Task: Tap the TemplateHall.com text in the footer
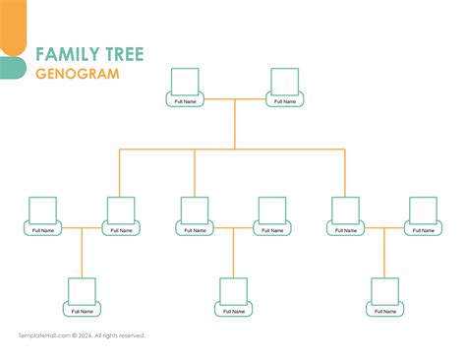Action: pyautogui.click(x=41, y=335)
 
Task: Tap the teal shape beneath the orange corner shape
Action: pyautogui.click(x=12, y=67)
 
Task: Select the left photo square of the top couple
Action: pyautogui.click(x=185, y=81)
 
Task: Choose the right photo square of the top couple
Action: pyautogui.click(x=285, y=81)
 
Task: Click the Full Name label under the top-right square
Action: pyautogui.click(x=285, y=101)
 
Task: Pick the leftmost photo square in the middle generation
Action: pyautogui.click(x=43, y=210)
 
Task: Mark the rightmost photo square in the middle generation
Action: pyautogui.click(x=423, y=210)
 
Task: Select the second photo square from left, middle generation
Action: pyautogui.click(x=120, y=210)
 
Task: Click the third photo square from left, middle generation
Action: pyautogui.click(x=195, y=210)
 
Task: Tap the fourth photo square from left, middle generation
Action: pyautogui.click(x=271, y=210)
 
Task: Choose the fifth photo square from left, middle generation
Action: pyautogui.click(x=346, y=210)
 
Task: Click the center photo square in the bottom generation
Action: pyautogui.click(x=233, y=291)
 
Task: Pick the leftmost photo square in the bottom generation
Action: pyautogui.click(x=82, y=291)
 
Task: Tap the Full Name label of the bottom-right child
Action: pyautogui.click(x=384, y=312)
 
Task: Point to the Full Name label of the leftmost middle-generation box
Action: pyautogui.click(x=43, y=230)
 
